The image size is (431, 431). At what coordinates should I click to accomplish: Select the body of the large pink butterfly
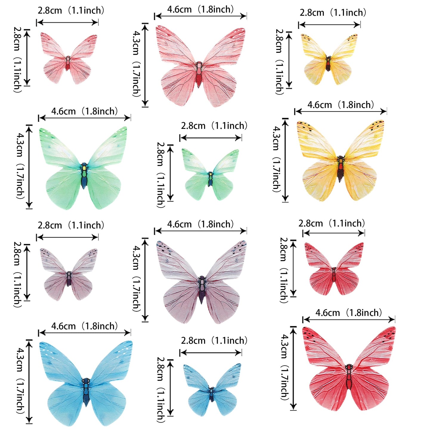pos(199,73)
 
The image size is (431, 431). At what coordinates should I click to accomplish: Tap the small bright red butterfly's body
pos(334,274)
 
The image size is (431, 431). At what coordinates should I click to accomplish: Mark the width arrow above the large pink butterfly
pos(200,16)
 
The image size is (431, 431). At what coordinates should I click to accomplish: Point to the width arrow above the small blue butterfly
pos(211,353)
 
